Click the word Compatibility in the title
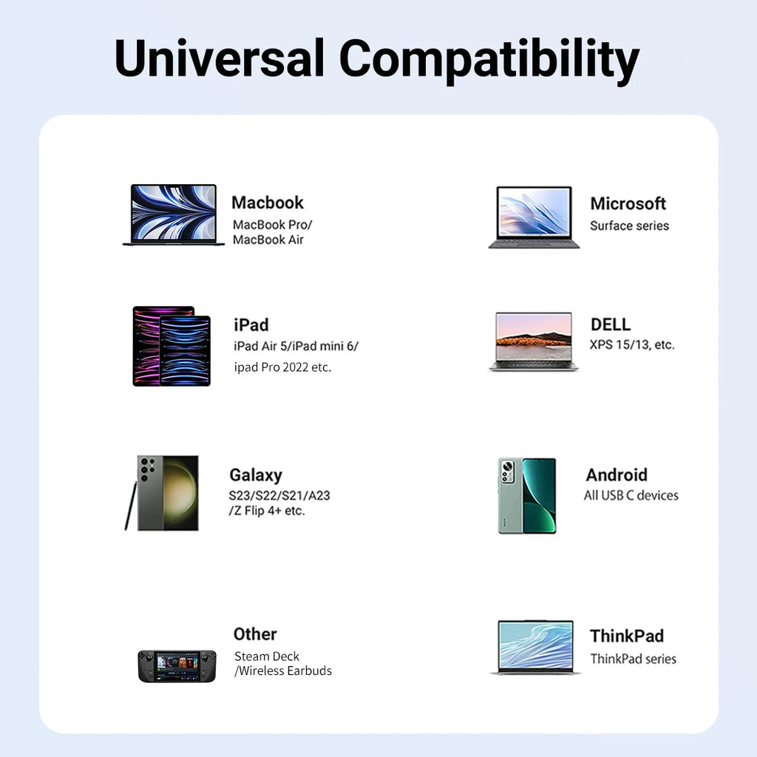490,59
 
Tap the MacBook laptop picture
174,214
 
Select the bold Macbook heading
268,203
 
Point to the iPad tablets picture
172,346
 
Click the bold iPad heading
251,325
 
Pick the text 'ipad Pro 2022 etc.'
282,367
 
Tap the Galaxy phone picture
168,492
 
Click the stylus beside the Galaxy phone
131,506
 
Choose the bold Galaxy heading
255,475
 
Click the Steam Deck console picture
177,665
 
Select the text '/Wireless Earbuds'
283,671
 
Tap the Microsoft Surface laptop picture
534,217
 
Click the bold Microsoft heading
628,203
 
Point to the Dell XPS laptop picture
534,341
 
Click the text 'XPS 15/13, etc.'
632,344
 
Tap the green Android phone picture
527,495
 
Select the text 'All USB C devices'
631,495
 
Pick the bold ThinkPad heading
627,636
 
